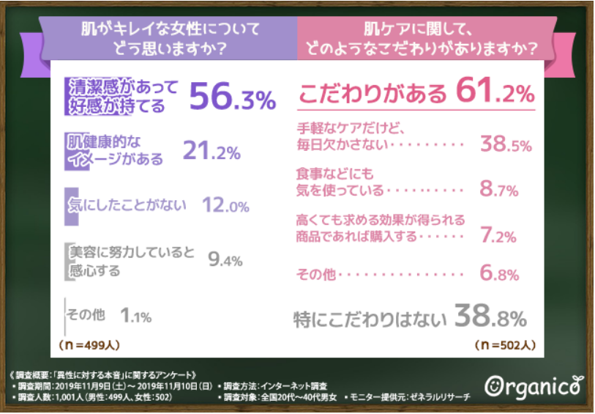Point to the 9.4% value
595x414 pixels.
[225, 259]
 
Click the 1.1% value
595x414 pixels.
[135, 316]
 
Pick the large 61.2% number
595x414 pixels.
[495, 93]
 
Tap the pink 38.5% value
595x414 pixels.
[505, 144]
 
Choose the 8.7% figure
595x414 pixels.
[500, 190]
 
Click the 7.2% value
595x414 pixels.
[501, 236]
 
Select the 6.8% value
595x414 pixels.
[500, 275]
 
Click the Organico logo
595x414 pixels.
[534, 385]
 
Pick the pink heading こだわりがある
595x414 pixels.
[373, 95]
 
